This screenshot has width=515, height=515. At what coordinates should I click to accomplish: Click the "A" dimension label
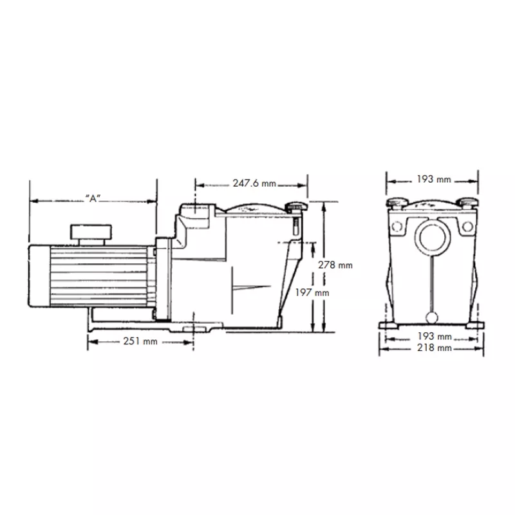click(93, 198)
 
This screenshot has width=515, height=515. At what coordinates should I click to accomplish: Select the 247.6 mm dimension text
click(254, 183)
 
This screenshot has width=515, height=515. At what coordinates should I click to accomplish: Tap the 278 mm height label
click(335, 265)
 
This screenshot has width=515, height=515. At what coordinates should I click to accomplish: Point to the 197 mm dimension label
click(312, 292)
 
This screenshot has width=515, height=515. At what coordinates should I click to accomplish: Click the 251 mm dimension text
click(140, 341)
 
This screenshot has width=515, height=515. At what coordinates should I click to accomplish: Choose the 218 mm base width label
click(434, 348)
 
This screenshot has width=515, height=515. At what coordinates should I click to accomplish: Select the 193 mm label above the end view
click(434, 180)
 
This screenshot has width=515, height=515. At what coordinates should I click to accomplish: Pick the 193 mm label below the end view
click(435, 336)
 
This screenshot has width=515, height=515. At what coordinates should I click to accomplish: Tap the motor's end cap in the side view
click(39, 276)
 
